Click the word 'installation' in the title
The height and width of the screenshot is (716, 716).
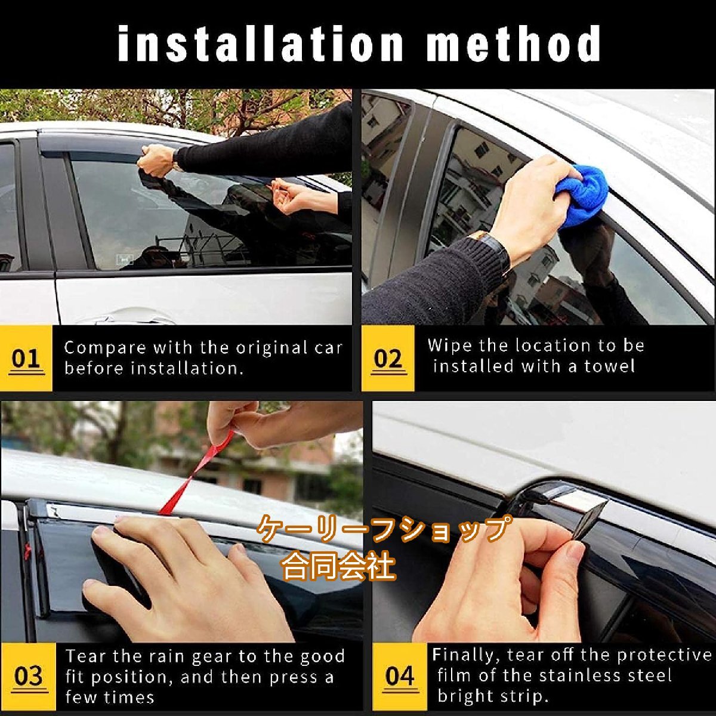[x=260, y=43]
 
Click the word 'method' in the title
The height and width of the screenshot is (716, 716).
[x=514, y=43]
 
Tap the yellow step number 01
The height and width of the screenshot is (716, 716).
[x=26, y=359]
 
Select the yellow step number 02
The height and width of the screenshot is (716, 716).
[x=388, y=359]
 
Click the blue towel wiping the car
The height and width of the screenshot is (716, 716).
[x=582, y=196]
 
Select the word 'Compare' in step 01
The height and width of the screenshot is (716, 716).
[x=105, y=348]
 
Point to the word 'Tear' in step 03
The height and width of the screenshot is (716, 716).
[x=86, y=656]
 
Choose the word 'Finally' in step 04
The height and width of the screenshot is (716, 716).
[x=465, y=655]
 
